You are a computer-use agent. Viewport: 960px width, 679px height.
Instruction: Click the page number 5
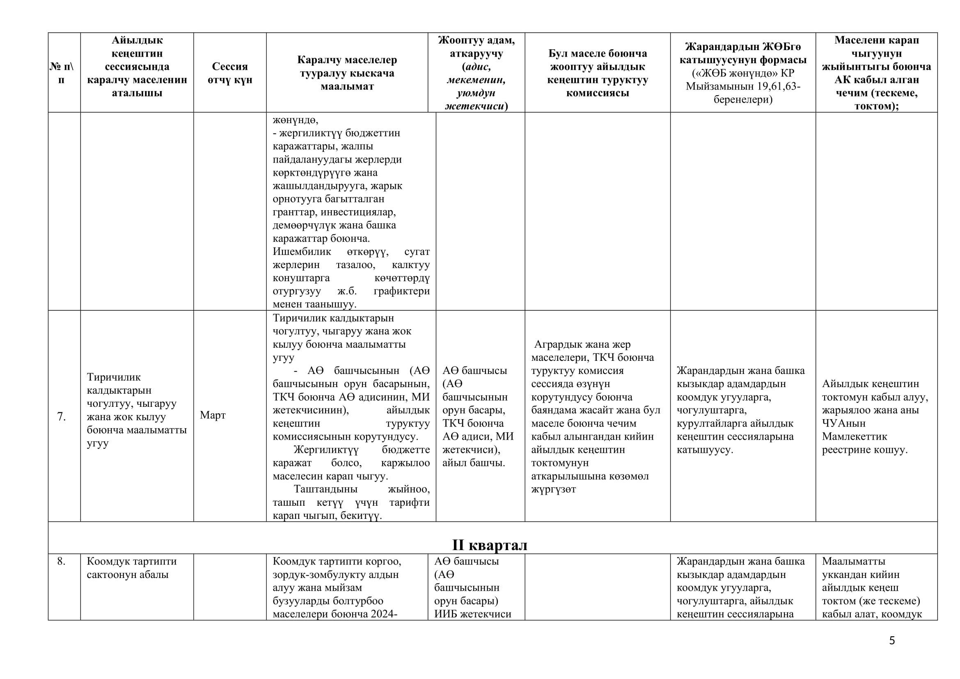pos(892,641)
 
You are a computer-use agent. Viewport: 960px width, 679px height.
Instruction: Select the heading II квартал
pos(490,545)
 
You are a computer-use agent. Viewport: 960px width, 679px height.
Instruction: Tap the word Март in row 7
pos(213,415)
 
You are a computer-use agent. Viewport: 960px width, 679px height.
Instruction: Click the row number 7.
pos(62,416)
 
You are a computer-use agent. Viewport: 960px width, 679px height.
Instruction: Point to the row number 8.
pos(62,561)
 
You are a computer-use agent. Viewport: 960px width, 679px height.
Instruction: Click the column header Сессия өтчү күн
pos(230,73)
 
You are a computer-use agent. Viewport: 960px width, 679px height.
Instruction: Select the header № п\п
pos(62,73)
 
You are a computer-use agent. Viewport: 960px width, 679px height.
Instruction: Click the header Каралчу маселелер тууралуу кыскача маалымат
pos(347,73)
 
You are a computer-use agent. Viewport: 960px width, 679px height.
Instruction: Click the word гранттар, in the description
pos(295,212)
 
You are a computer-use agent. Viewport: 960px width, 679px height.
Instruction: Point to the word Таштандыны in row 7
pos(325,489)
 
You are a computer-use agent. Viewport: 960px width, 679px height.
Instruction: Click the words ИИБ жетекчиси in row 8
pos(472,614)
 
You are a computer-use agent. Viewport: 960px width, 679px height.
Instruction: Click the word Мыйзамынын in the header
pos(715,87)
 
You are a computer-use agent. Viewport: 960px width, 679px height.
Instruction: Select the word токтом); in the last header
pos(876,106)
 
